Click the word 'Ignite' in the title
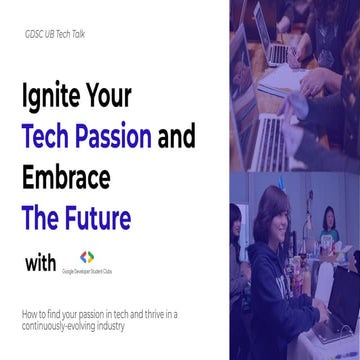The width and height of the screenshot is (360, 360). tap(53, 98)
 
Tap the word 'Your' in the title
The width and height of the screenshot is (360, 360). tap(121, 98)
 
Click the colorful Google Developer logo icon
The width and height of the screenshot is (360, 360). tap(88, 257)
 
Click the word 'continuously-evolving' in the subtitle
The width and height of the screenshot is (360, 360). tap(61, 327)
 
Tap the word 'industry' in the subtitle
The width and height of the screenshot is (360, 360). tap(117, 327)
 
